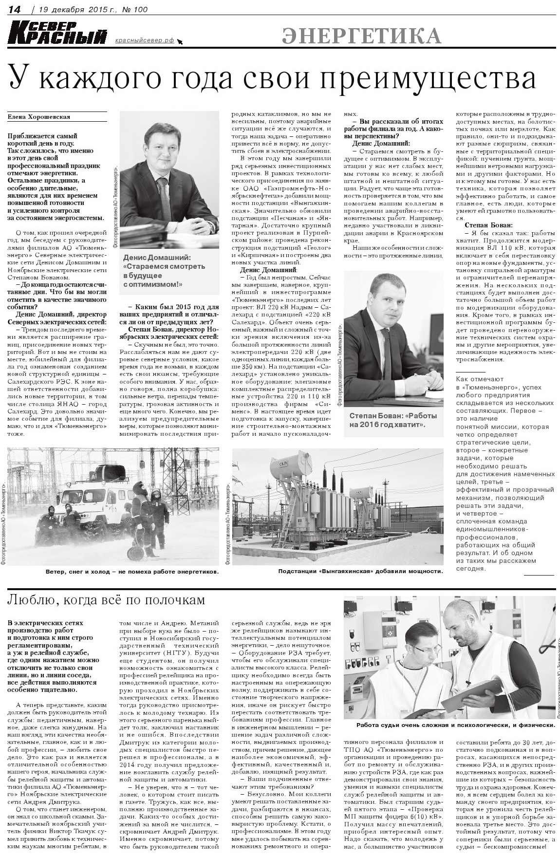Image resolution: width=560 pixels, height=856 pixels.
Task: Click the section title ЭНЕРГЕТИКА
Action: coord(362,36)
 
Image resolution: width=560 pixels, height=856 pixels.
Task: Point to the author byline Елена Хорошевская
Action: coord(39,117)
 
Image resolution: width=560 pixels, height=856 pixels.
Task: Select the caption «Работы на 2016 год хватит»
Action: coord(393,420)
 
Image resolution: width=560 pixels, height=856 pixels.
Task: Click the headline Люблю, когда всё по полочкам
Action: coord(106,600)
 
